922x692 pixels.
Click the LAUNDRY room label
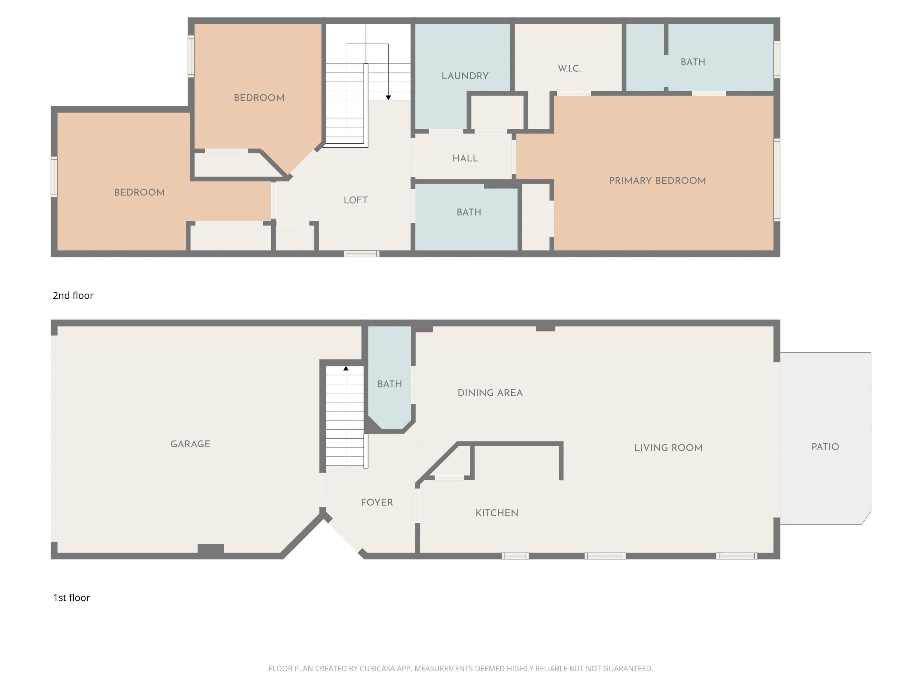pos(465,76)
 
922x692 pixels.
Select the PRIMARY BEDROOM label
pos(657,181)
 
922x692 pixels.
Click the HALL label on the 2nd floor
pos(465,158)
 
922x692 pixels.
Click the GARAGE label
pos(190,444)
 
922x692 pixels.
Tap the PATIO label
pos(825,447)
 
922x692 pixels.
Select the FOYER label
pos(377,502)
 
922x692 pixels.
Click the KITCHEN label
pos(497,513)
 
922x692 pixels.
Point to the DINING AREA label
pos(490,393)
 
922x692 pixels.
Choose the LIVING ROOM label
pos(668,448)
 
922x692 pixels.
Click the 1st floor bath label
pos(389,384)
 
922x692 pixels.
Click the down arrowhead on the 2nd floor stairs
pos(388,98)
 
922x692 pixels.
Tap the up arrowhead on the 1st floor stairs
pos(345,369)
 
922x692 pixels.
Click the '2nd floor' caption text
pos(73,295)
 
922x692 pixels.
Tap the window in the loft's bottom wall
pos(361,254)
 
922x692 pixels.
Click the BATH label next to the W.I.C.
pos(693,62)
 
